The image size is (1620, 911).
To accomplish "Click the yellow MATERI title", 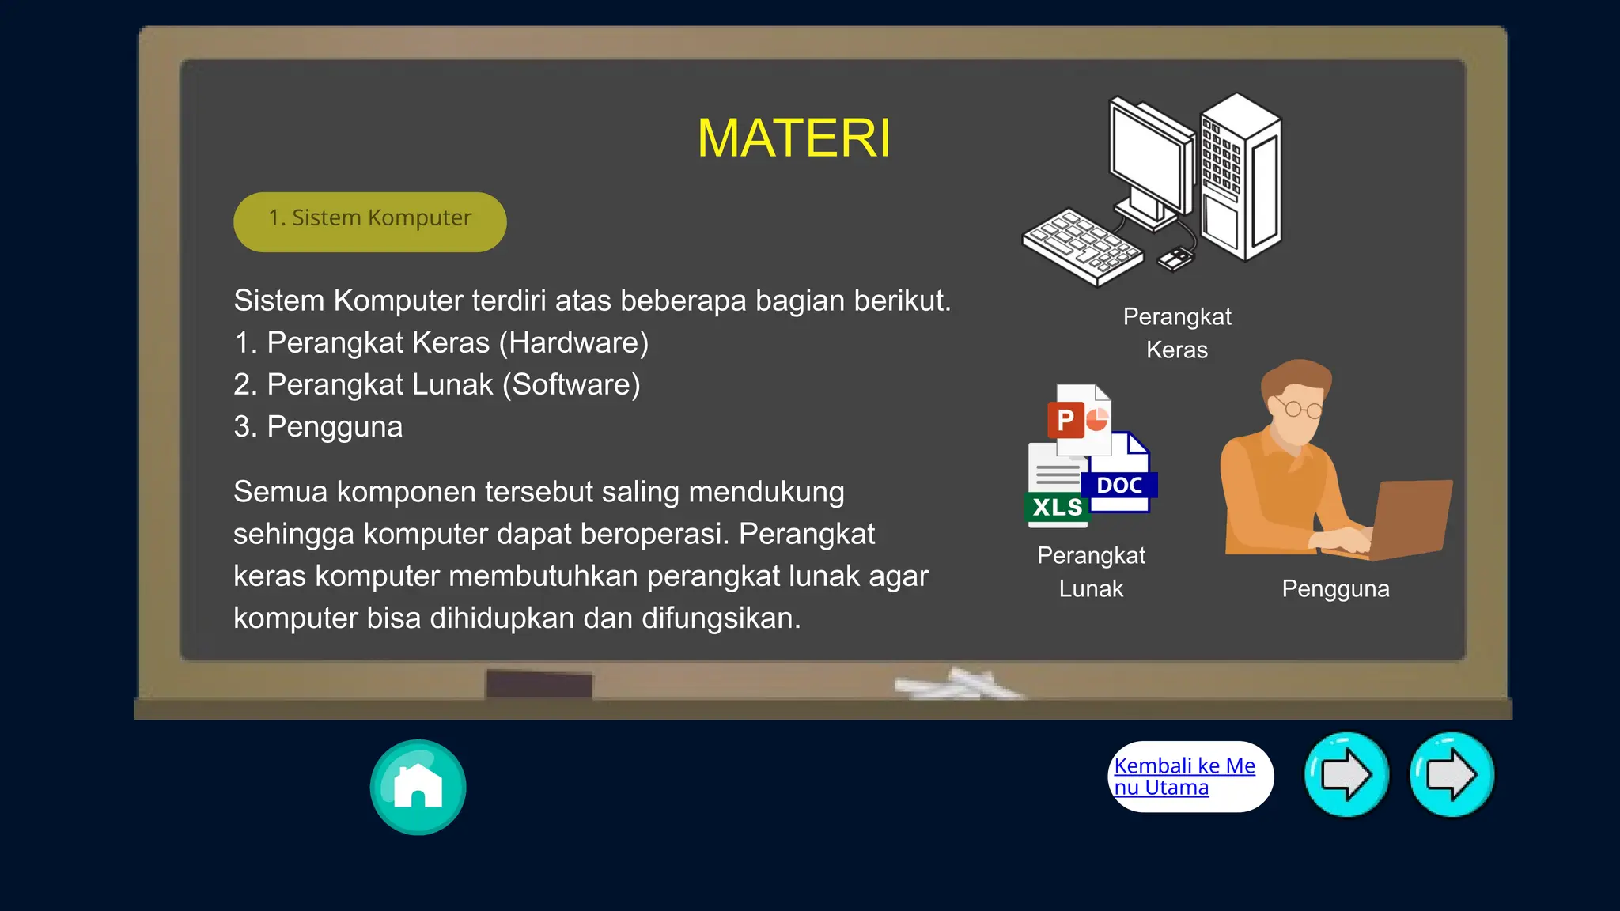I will pyautogui.click(x=793, y=138).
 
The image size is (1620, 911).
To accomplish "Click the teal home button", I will pyautogui.click(x=418, y=787).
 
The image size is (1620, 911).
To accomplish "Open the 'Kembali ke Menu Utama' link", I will pyautogui.click(x=1184, y=777).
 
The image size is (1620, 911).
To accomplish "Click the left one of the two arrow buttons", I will pyautogui.click(x=1346, y=775).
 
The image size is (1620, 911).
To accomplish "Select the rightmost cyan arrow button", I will pyautogui.click(x=1452, y=775).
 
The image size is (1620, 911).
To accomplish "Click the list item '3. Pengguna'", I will pyautogui.click(x=318, y=427).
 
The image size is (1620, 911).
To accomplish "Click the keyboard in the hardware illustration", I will pyautogui.click(x=1082, y=246).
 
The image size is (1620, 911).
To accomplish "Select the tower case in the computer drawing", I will pyautogui.click(x=1240, y=178).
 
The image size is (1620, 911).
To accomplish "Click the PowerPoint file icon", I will pyautogui.click(x=1079, y=420).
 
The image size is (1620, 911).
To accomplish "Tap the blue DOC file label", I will pyautogui.click(x=1120, y=485).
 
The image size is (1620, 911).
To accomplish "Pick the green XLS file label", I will pyautogui.click(x=1057, y=507).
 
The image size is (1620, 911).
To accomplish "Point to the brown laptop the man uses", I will pyautogui.click(x=1412, y=518).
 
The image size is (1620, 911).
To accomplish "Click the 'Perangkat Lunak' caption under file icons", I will pyautogui.click(x=1091, y=572).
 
